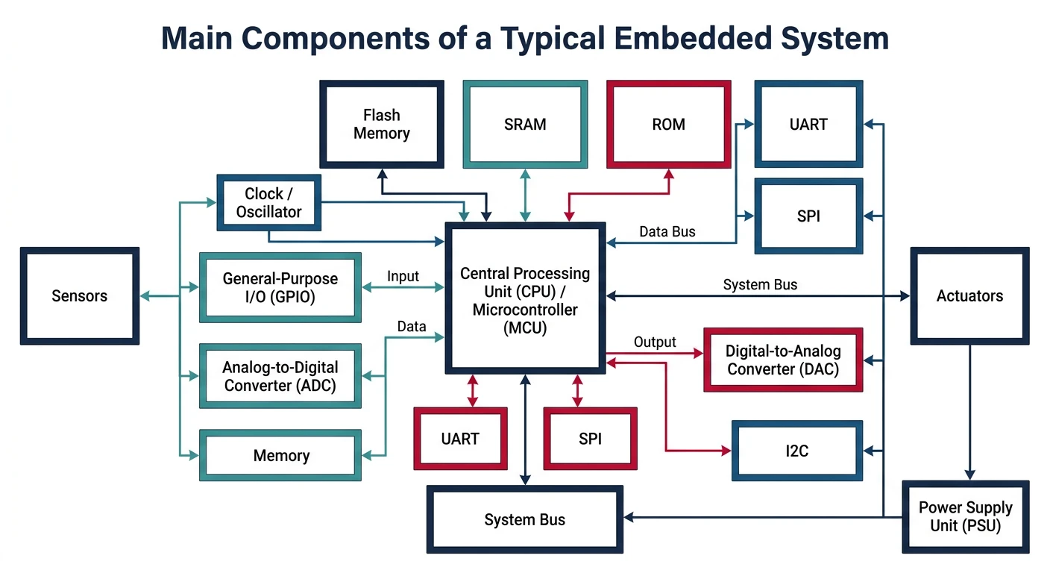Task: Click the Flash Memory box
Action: [382, 124]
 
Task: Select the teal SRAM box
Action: [525, 124]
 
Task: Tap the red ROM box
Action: [668, 124]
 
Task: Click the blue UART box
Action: [808, 124]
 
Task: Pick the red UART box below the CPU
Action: [460, 439]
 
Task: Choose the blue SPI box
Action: [808, 216]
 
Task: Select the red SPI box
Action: [590, 439]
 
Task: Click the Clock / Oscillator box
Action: [268, 203]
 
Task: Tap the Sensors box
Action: [80, 296]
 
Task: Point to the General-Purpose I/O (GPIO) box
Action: [280, 287]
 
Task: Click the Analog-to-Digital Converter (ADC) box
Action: [280, 376]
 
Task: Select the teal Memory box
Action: [280, 455]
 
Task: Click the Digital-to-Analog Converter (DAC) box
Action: [783, 360]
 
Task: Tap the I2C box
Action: [796, 451]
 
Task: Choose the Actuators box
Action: [969, 296]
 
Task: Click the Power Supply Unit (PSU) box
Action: [965, 516]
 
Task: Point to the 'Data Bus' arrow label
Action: [667, 232]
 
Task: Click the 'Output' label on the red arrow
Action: [655, 342]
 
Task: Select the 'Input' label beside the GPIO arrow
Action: [403, 277]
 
